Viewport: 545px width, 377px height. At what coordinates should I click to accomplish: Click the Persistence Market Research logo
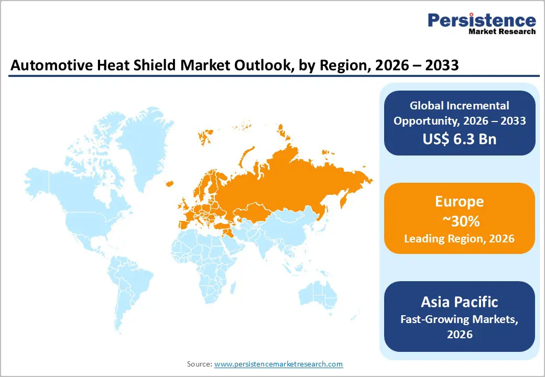482,24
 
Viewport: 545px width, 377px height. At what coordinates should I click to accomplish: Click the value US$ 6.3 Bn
459,139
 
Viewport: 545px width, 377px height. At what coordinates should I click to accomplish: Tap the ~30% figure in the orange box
459,221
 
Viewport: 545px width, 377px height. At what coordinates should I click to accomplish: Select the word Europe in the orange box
459,202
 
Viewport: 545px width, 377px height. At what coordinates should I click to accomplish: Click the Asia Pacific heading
459,302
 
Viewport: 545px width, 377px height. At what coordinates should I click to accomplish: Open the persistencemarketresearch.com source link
278,364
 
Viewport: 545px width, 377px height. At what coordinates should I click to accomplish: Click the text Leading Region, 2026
459,239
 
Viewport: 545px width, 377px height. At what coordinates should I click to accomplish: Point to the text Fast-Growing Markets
459,318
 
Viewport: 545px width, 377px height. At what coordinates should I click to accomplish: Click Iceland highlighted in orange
169,183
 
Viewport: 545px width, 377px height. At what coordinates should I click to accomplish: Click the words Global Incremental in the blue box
459,106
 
